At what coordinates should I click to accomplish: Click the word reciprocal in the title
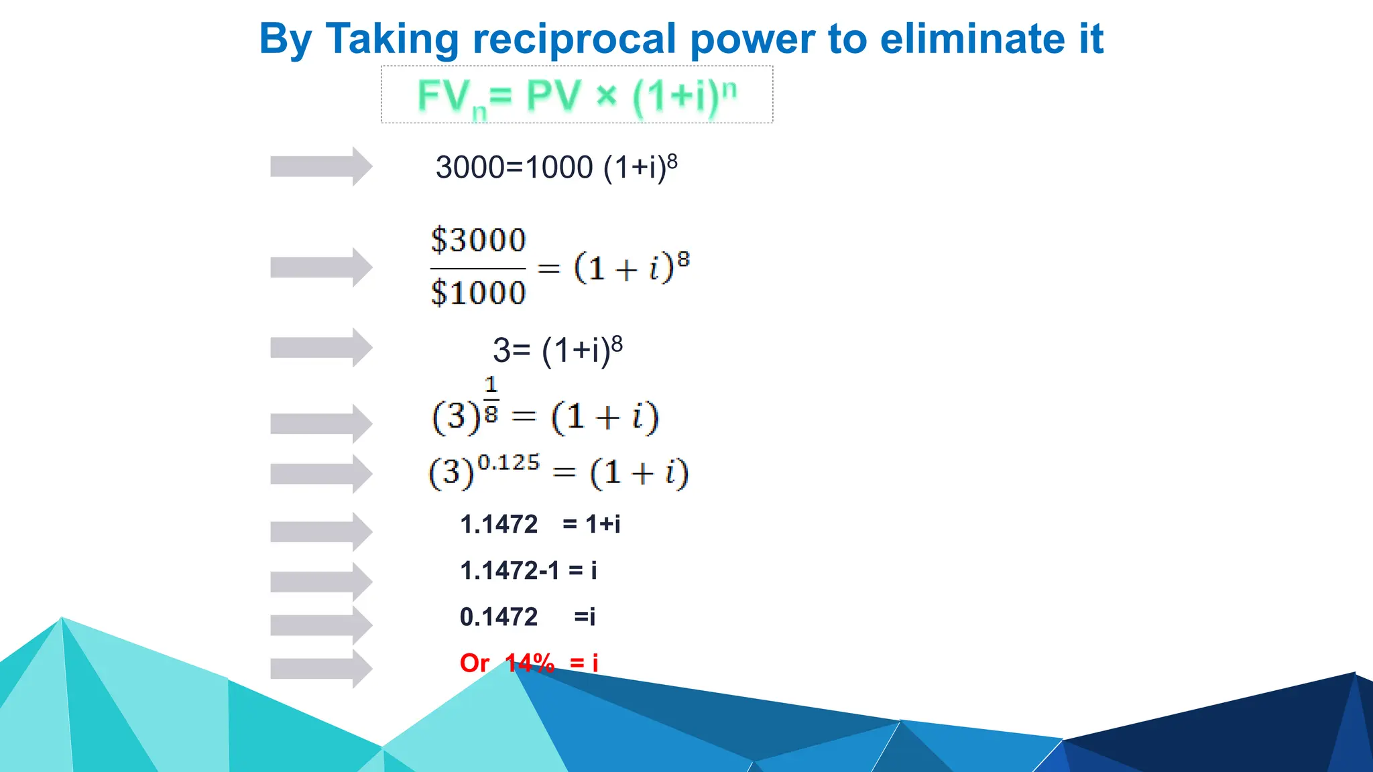574,39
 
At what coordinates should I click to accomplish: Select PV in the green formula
553,95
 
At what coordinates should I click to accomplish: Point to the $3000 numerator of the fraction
478,240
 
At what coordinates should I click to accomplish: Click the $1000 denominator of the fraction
478,293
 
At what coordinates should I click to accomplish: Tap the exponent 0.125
508,462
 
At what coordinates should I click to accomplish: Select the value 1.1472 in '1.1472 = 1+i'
499,524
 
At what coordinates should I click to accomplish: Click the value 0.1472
499,617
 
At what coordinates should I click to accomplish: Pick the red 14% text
530,663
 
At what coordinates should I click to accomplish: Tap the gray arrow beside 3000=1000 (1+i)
320,166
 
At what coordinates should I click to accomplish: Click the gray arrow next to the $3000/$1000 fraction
320,267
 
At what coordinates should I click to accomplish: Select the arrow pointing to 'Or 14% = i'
320,668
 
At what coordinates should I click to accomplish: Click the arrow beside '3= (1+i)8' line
320,347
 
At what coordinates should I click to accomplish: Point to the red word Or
474,663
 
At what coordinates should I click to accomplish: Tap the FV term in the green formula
442,96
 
